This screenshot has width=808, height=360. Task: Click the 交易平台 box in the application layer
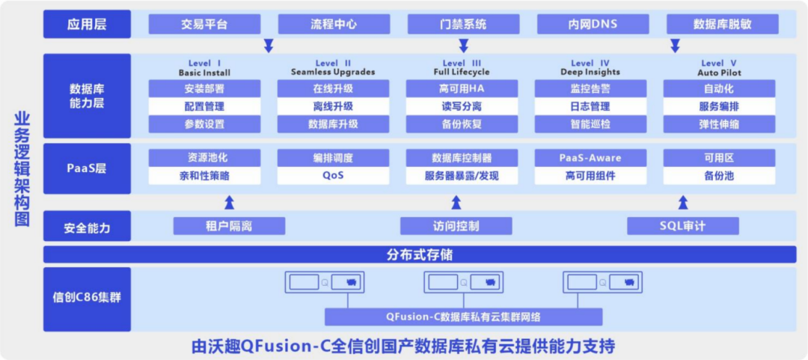pyautogui.click(x=204, y=24)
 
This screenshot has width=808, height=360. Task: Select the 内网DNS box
pyautogui.click(x=593, y=24)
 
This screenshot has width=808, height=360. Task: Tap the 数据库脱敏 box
pyautogui.click(x=722, y=24)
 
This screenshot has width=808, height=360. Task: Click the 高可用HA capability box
pyautogui.click(x=462, y=88)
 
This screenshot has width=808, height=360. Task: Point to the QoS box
pyautogui.click(x=332, y=176)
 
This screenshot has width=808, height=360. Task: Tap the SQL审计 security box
pyautogui.click(x=682, y=225)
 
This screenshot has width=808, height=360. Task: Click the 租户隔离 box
pyautogui.click(x=229, y=225)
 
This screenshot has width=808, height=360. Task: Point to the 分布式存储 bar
pyautogui.click(x=420, y=254)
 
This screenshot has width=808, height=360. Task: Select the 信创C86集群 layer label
pyautogui.click(x=87, y=297)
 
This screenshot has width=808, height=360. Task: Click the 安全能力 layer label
pyautogui.click(x=87, y=225)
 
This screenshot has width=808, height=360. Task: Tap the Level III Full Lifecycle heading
pyautogui.click(x=462, y=67)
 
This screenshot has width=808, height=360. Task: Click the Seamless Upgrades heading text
pyautogui.click(x=333, y=72)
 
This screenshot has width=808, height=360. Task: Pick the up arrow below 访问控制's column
pyautogui.click(x=456, y=201)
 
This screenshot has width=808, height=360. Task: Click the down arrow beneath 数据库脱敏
pyautogui.click(x=675, y=45)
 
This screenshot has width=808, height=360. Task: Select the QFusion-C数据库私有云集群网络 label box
pyautogui.click(x=463, y=316)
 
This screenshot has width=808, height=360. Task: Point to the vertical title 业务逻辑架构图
pyautogui.click(x=22, y=169)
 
